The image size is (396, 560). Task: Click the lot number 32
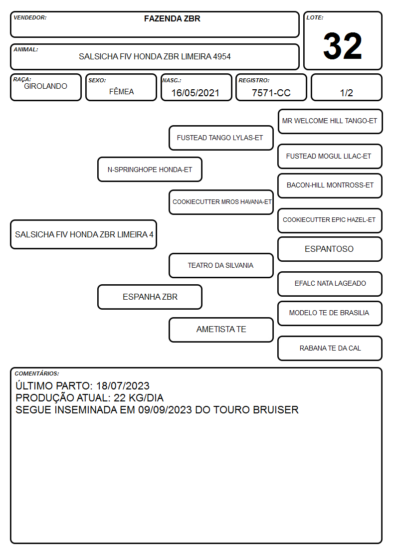343,46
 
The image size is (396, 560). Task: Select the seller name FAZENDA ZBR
172,18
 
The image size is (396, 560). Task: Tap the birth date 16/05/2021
196,93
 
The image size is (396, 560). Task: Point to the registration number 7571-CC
271,93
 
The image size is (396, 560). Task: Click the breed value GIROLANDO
46,86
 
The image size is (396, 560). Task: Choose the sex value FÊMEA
121,91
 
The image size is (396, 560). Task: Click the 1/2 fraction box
346,87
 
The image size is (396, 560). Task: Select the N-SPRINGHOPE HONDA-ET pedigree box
150,169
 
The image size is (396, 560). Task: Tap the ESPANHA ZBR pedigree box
150,297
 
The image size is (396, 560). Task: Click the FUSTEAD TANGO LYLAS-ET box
221,138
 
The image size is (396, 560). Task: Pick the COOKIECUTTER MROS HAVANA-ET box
221,202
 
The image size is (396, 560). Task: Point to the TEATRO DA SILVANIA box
221,265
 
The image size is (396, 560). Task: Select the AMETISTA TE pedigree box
221,330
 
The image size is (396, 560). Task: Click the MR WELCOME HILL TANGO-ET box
330,122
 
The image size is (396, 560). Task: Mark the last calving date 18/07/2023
123,385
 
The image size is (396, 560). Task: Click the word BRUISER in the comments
276,409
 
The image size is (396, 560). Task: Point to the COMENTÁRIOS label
37,373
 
